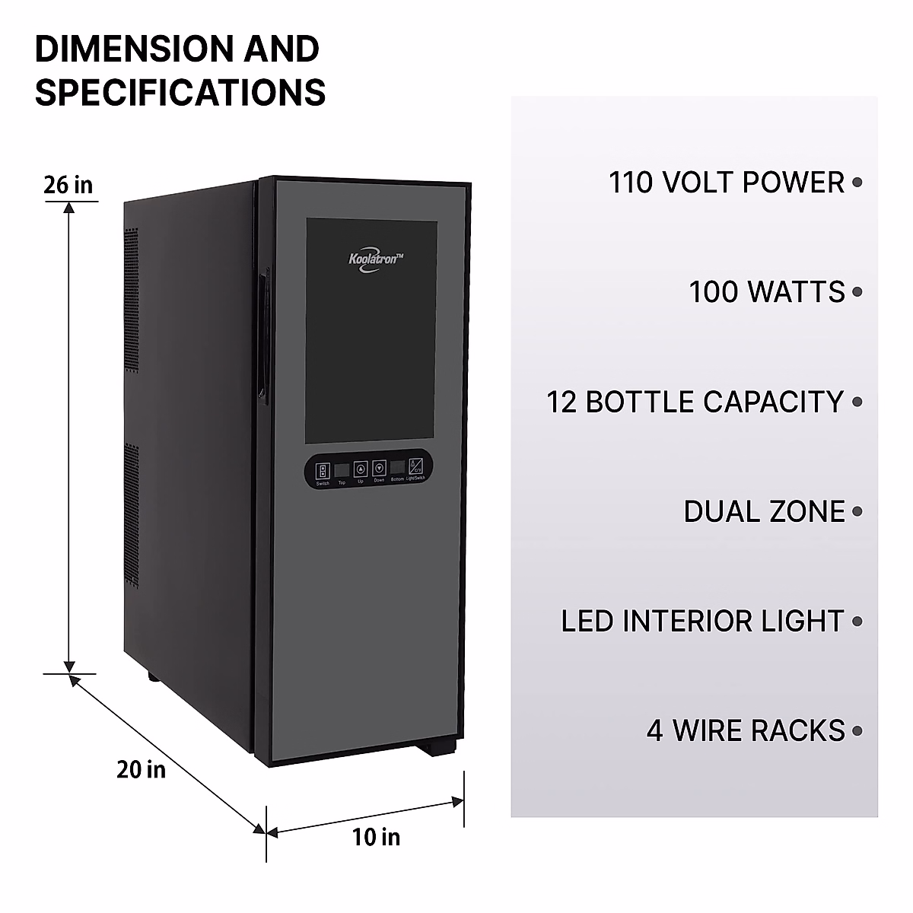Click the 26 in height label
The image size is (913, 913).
pos(68,184)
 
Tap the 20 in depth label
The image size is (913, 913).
pos(141,769)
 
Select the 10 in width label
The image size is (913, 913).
pos(376,837)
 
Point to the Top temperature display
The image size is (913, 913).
pos(342,469)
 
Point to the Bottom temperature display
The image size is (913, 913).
pos(398,468)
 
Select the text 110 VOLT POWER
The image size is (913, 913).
pos(727,183)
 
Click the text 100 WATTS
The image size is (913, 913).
pos(767,292)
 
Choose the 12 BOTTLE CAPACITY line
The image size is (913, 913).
pos(695,402)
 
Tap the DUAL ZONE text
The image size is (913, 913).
pos(764,511)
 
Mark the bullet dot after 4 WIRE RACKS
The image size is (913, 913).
pos(857,731)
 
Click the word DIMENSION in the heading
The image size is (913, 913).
pos(135,49)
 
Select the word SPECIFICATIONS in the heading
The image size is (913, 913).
pos(180,92)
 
